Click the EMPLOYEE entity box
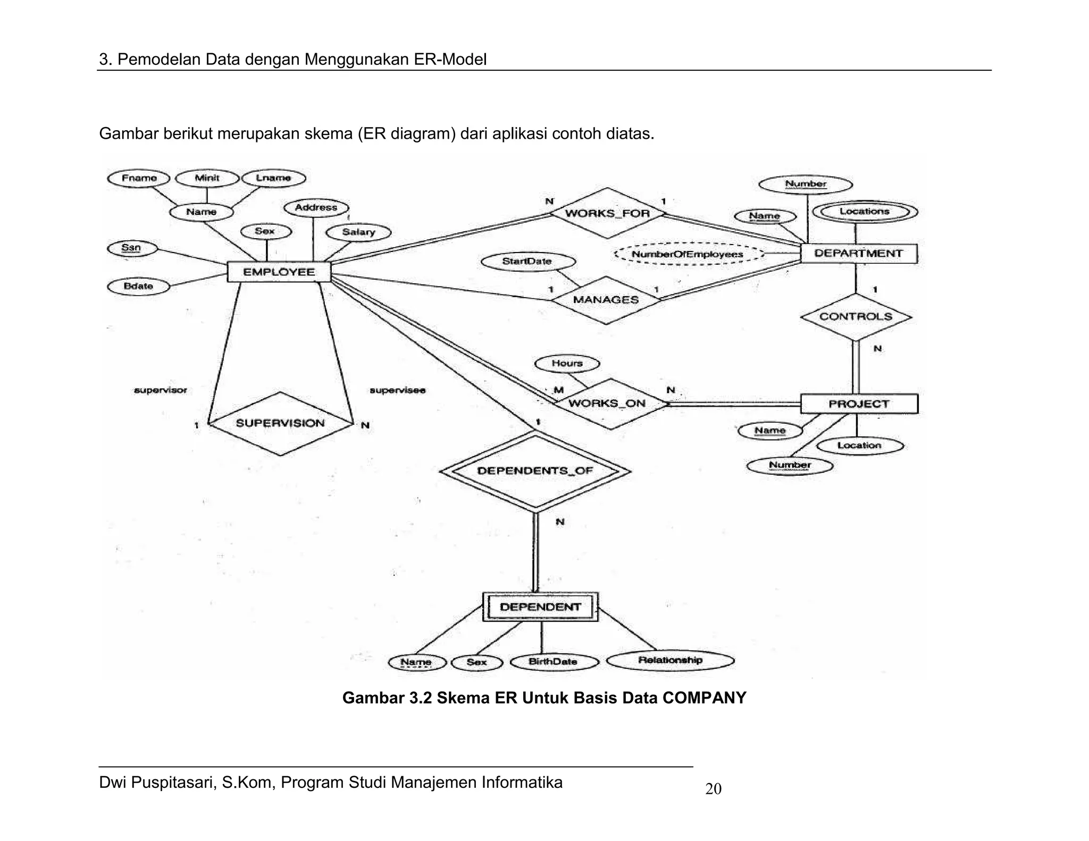tap(279, 272)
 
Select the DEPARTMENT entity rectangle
tap(858, 254)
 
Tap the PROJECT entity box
tap(858, 404)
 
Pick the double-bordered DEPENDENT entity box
tap(540, 607)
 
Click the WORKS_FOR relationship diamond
tap(607, 213)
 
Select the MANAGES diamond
tap(606, 300)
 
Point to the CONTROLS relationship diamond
tap(856, 317)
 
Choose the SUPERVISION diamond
tap(280, 423)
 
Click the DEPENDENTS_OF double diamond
tap(534, 471)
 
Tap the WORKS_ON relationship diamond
tap(607, 403)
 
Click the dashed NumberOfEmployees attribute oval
tap(688, 254)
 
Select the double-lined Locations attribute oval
tap(865, 212)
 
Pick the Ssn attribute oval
tap(131, 248)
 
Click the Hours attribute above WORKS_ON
tap(567, 364)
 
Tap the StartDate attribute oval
tap(527, 262)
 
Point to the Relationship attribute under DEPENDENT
tap(670, 660)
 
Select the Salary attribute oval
tap(358, 232)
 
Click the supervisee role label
tap(397, 390)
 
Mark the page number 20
tap(713, 789)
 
